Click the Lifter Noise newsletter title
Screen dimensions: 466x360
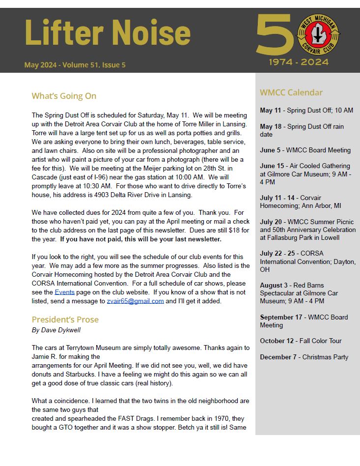pyautogui.click(x=107, y=33)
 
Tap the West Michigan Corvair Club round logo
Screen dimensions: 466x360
pyautogui.click(x=319, y=35)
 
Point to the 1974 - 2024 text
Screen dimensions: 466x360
pyautogui.click(x=299, y=62)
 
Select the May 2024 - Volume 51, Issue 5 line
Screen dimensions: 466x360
pyautogui.click(x=75, y=65)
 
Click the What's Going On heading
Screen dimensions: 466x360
pyautogui.click(x=64, y=96)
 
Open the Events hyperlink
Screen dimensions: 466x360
pyautogui.click(x=64, y=292)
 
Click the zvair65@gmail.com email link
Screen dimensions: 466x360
pyautogui.click(x=135, y=301)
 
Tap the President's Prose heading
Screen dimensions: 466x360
pyautogui.click(x=65, y=320)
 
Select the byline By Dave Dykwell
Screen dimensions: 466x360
pyautogui.click(x=56, y=330)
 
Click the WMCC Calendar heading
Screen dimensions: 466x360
pyautogui.click(x=291, y=92)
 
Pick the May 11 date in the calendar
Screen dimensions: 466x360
pyautogui.click(x=271, y=111)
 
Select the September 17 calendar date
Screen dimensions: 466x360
pyautogui.click(x=281, y=318)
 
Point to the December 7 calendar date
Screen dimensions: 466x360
pyautogui.click(x=278, y=357)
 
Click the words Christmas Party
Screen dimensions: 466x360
pyautogui.click(x=325, y=357)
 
